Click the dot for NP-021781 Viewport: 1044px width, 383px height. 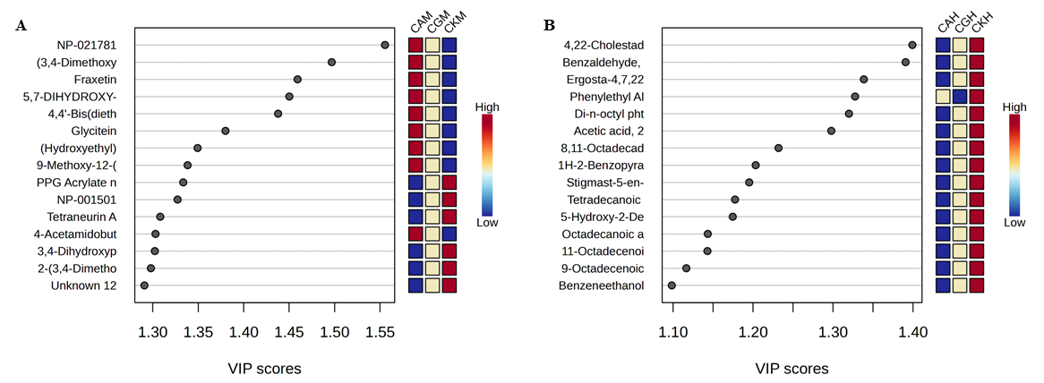[385, 45]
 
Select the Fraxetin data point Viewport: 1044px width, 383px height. [297, 80]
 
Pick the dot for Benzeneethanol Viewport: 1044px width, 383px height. [672, 285]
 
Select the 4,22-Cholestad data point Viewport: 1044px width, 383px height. [912, 45]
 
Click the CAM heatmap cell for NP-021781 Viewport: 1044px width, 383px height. [416, 45]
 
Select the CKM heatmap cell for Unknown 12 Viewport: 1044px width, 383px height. [449, 285]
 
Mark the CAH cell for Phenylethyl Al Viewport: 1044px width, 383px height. [943, 97]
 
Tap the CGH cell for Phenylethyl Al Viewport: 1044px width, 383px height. [960, 97]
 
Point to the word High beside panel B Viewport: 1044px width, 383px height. [1014, 107]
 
